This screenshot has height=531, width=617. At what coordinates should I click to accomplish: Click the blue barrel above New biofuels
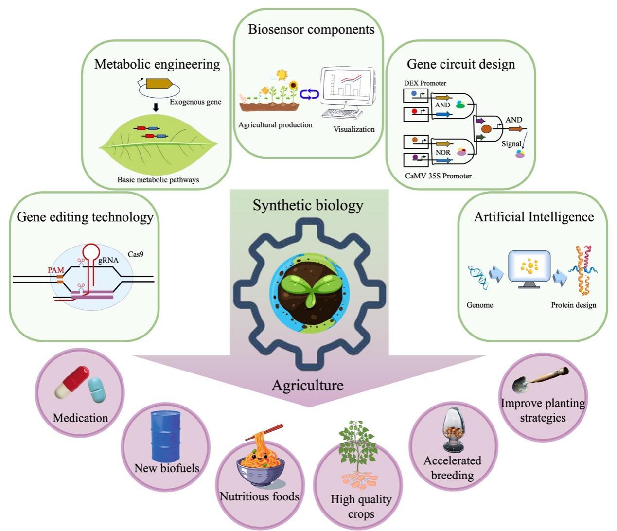(x=166, y=436)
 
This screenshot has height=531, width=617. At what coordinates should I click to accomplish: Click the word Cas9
(x=136, y=254)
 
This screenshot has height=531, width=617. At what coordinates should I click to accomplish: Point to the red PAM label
(x=55, y=270)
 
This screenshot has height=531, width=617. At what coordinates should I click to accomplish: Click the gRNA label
(x=108, y=260)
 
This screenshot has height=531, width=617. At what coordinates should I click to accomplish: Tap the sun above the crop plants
(x=282, y=74)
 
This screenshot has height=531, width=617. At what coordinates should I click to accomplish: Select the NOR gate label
(x=442, y=152)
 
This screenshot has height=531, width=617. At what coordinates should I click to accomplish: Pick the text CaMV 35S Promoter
(x=438, y=176)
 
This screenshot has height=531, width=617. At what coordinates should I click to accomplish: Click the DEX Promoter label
(x=425, y=83)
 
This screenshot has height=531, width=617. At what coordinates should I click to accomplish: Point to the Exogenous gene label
(x=195, y=102)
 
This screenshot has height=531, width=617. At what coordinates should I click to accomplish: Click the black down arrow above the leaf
(x=156, y=107)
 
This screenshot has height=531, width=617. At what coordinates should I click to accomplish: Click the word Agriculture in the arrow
(x=307, y=385)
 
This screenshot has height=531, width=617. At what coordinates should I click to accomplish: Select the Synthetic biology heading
(x=308, y=205)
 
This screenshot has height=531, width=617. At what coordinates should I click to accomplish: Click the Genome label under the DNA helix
(x=480, y=305)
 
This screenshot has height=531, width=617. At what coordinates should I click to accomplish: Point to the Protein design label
(x=573, y=305)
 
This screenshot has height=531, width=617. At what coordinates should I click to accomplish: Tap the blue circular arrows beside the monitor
(x=309, y=93)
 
